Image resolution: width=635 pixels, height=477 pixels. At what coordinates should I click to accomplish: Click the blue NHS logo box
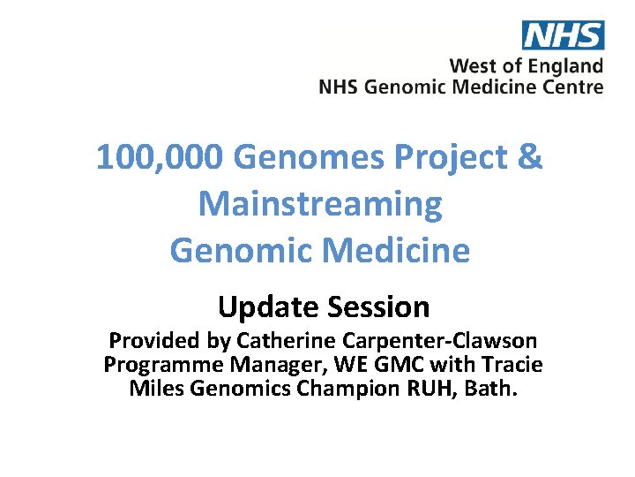(x=563, y=34)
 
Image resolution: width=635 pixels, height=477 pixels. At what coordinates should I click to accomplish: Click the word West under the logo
(x=473, y=66)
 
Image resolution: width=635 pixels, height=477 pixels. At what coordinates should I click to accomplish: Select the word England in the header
(x=568, y=66)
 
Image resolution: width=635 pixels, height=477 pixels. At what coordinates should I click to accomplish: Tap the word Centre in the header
(x=575, y=87)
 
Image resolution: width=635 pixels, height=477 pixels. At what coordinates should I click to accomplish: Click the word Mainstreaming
(x=319, y=203)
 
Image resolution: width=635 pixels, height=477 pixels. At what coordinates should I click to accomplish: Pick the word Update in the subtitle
(x=268, y=307)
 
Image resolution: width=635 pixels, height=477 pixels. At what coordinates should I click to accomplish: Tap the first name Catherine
(x=256, y=340)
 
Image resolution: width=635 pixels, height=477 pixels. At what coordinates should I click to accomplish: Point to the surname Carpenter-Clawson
(x=429, y=340)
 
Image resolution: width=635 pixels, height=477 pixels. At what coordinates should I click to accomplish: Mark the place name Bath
(x=497, y=388)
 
